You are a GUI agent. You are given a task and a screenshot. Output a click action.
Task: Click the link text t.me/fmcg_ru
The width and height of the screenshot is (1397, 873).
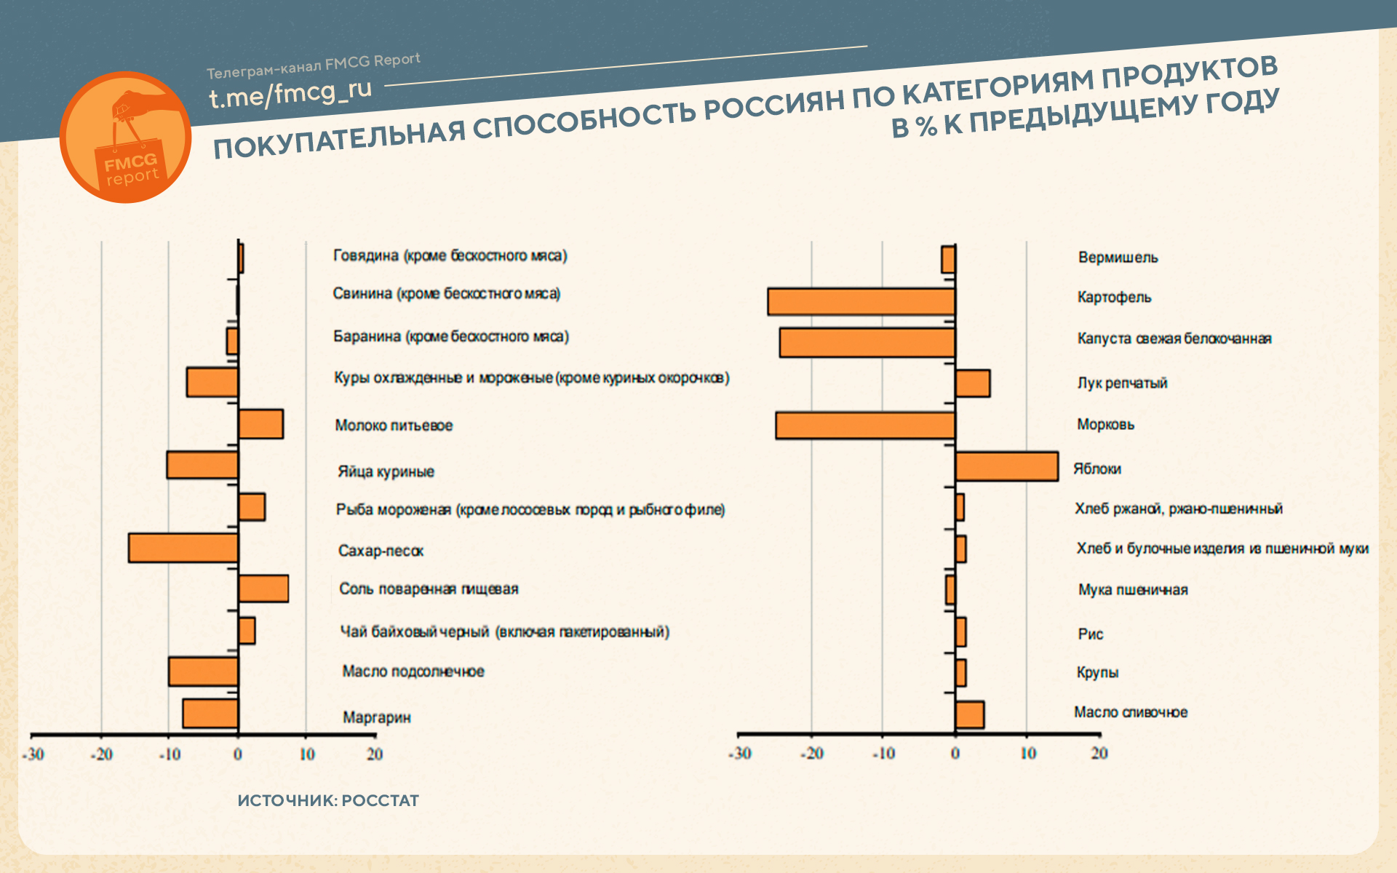point(290,92)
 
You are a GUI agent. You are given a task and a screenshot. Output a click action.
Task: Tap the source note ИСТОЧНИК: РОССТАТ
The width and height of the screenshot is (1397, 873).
point(328,800)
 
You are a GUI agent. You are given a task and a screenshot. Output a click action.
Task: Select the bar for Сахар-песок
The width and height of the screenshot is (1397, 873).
point(183,548)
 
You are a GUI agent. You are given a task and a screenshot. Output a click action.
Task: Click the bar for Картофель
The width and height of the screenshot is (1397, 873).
point(861,302)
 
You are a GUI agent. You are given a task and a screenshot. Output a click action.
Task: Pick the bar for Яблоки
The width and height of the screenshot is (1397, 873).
point(1006,466)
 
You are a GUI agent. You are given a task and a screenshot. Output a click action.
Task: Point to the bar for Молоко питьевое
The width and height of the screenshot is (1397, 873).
point(260,424)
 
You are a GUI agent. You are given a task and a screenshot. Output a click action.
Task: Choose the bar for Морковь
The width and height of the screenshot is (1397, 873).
point(865,426)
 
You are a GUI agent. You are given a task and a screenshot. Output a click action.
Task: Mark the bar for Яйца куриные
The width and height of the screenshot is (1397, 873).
point(202,465)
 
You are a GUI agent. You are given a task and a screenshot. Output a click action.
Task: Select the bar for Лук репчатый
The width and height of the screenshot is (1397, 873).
point(972,383)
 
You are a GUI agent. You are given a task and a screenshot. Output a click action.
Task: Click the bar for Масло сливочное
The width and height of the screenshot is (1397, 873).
point(969,714)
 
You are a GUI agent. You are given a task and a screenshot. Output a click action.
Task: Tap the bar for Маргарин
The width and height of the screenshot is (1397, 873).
point(210,714)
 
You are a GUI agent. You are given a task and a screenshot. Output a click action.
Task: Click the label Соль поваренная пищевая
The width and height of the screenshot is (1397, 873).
point(429,589)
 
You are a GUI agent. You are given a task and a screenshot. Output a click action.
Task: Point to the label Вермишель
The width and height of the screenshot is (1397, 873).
point(1118,258)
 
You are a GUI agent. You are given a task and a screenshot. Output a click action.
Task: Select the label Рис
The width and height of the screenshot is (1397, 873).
point(1090,634)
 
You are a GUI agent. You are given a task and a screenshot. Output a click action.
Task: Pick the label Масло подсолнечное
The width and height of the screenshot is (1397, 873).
point(413,671)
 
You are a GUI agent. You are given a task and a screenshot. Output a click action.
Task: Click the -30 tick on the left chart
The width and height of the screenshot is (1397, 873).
point(33,754)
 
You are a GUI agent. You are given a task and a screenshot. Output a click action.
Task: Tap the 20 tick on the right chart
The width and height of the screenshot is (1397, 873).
point(1099,754)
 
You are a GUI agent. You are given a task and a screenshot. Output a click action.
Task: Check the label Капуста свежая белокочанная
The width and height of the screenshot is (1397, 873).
point(1174,338)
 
